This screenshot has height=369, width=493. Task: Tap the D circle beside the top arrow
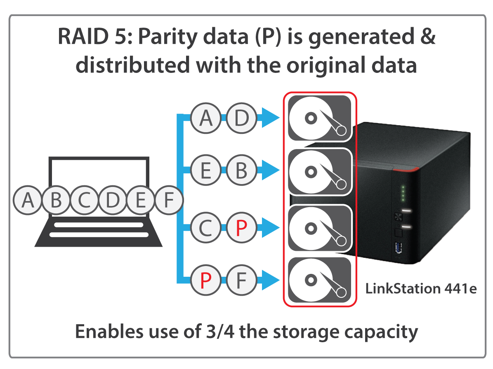[x=241, y=119]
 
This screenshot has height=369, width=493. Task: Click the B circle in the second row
[x=241, y=170]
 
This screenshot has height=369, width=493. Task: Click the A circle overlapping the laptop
[x=28, y=201]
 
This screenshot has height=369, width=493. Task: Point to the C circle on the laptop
[x=84, y=201]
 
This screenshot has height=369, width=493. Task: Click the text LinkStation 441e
[x=421, y=288]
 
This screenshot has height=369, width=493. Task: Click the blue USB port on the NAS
[x=399, y=248]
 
